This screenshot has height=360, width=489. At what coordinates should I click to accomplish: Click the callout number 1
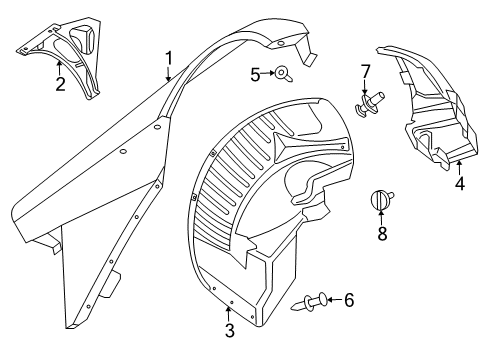pos(170,57)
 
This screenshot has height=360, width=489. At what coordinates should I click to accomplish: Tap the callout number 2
pos(61,85)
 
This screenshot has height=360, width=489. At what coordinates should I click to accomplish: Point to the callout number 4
pos(459,183)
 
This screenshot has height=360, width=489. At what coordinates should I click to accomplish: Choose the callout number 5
pos(255,73)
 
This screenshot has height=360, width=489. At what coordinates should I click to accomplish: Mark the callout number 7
pos(365,71)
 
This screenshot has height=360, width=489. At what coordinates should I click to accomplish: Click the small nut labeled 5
pos(283,72)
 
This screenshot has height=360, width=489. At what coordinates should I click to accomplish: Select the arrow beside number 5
pos(268,73)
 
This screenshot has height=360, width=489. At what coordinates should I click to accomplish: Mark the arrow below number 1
pos(170,72)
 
